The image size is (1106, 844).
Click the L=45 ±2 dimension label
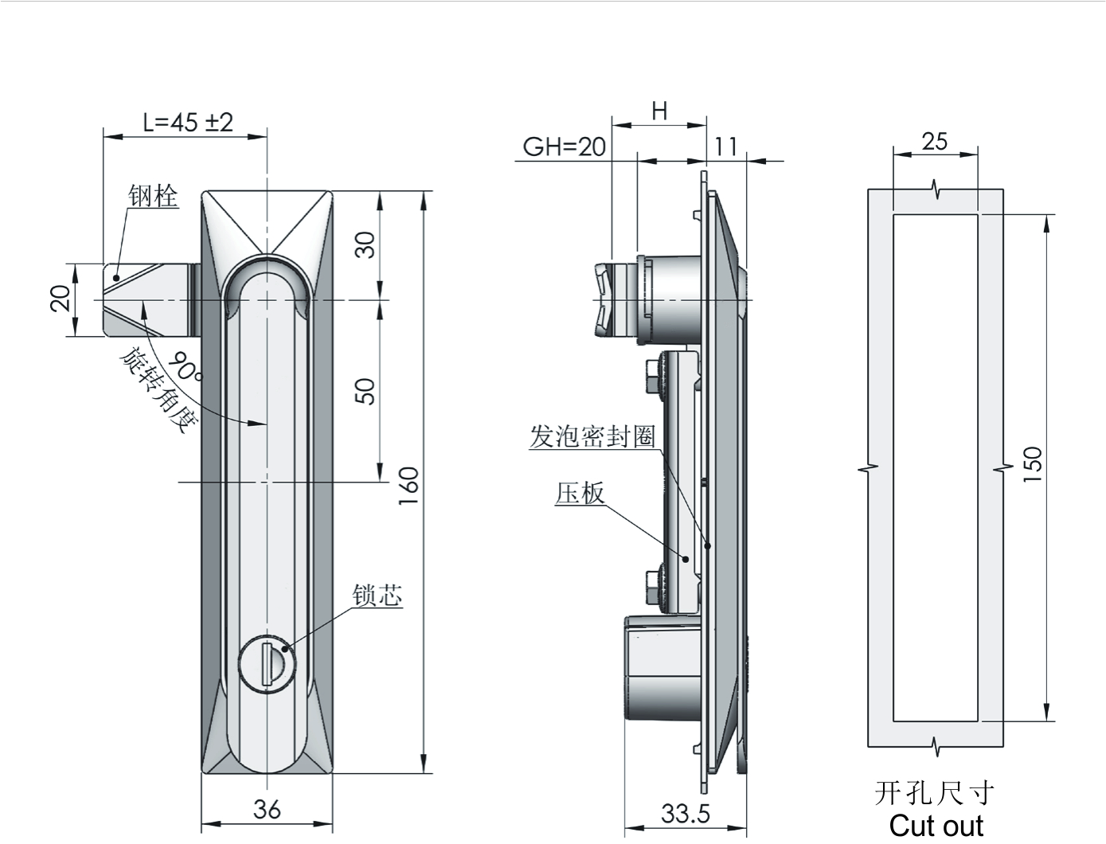tap(188, 123)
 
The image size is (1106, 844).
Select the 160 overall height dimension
tap(408, 486)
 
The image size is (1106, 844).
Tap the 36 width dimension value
tap(267, 810)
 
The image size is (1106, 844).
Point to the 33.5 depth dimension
tap(686, 814)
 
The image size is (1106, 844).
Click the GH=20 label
tap(565, 147)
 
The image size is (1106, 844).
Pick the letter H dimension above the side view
tap(659, 111)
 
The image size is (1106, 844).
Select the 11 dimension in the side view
tap(726, 147)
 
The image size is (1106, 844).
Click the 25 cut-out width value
tap(935, 142)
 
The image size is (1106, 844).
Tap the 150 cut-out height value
tap(1033, 464)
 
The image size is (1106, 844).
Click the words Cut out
tap(936, 826)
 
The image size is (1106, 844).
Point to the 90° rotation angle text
tap(185, 366)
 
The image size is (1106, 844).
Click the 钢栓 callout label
tap(153, 196)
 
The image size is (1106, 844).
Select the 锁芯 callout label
tap(377, 596)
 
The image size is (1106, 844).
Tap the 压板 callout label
tap(580, 494)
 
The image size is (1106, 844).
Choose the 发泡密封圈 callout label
tap(592, 436)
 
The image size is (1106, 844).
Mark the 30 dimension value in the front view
tap(365, 245)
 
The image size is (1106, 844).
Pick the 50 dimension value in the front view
tap(365, 391)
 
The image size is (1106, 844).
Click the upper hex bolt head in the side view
tap(653, 376)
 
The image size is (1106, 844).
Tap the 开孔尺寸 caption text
tap(934, 794)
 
